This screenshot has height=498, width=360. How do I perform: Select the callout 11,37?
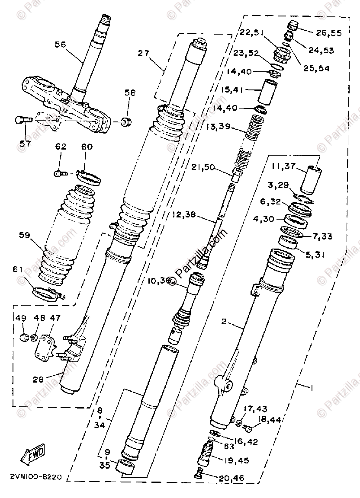point(284,166)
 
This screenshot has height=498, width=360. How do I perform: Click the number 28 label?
point(39,380)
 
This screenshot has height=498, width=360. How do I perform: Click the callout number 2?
point(224,322)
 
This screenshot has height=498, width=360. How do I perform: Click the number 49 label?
point(21,318)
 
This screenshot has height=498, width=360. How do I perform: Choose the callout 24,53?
point(321,51)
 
